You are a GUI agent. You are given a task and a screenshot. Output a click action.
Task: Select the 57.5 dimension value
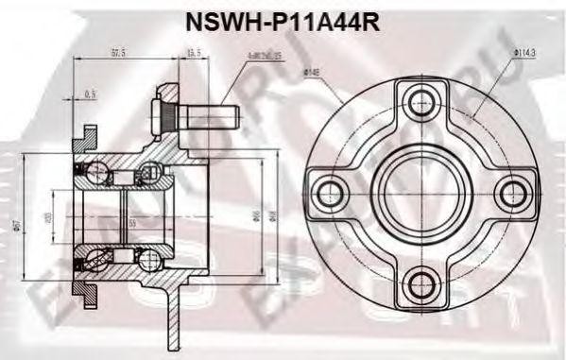(x=119, y=54)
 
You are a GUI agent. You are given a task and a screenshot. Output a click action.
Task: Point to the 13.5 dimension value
(x=195, y=54)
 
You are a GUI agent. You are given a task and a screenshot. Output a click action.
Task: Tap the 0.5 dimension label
(x=91, y=94)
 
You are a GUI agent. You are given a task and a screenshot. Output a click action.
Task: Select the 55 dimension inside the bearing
(x=132, y=223)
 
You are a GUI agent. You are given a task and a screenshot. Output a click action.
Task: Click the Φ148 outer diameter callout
(x=311, y=72)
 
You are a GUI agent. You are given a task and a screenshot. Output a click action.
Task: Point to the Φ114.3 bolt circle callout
(x=525, y=54)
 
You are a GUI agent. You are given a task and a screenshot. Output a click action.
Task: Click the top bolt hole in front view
(x=417, y=101)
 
